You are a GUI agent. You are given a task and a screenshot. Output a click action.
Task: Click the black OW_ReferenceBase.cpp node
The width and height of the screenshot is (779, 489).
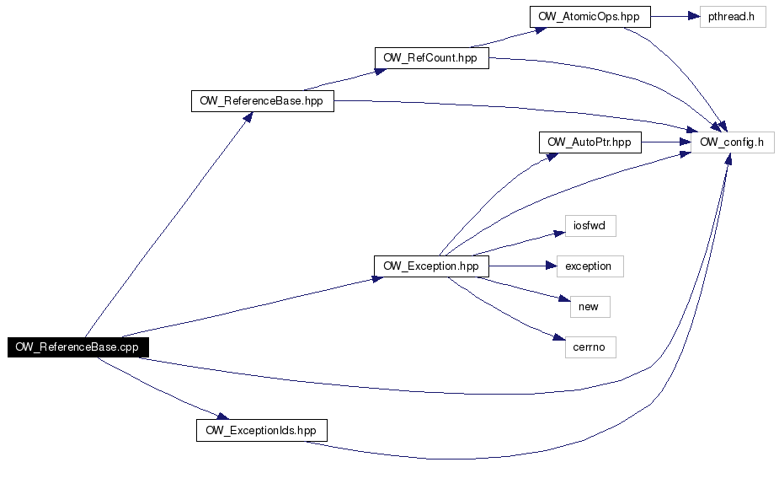(78, 347)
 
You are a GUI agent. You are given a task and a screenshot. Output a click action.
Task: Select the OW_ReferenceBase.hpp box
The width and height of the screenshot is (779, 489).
(262, 101)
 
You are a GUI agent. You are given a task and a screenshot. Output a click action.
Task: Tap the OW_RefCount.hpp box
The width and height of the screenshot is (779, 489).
(432, 58)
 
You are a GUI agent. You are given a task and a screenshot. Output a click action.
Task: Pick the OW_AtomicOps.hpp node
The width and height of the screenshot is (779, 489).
(590, 16)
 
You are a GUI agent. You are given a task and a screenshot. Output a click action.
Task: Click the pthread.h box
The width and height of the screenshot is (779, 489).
(733, 16)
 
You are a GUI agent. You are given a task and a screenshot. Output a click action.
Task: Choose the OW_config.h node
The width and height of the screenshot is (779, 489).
(733, 142)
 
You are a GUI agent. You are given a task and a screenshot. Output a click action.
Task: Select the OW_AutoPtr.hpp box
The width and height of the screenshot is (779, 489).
(590, 142)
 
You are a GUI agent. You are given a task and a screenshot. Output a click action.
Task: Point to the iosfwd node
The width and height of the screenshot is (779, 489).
(590, 226)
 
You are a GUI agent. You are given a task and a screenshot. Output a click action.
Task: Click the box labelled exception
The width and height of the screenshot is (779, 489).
(590, 266)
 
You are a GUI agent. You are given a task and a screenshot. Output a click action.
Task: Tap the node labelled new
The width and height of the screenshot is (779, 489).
(590, 307)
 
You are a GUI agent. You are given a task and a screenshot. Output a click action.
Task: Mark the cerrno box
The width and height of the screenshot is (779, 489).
(590, 347)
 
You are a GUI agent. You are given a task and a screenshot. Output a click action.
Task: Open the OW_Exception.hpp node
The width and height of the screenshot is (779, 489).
(431, 266)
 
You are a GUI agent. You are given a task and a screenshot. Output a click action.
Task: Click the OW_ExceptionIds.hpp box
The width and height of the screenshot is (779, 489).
(262, 430)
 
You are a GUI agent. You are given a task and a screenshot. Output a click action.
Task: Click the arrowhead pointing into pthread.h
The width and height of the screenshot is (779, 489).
(694, 16)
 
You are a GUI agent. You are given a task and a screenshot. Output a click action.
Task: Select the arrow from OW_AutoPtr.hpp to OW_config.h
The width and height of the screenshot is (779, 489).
(666, 142)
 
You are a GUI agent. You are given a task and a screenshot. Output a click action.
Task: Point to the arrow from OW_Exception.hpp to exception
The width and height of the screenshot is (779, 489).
(523, 266)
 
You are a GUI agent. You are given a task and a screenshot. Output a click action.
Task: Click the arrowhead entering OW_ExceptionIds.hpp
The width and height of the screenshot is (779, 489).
(222, 416)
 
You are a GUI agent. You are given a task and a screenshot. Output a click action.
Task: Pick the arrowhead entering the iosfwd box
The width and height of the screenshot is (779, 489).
(559, 234)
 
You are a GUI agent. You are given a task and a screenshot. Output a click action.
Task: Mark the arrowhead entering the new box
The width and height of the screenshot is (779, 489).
(564, 298)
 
